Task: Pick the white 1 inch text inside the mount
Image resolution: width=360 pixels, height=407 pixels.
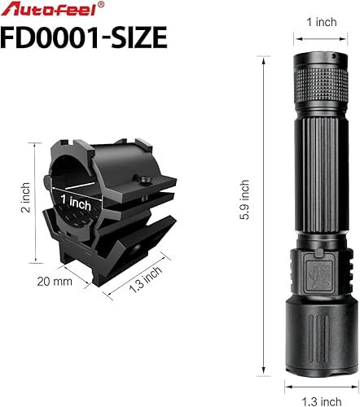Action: click(x=75, y=201)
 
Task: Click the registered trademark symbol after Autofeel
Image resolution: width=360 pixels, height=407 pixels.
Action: click(x=101, y=5)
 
